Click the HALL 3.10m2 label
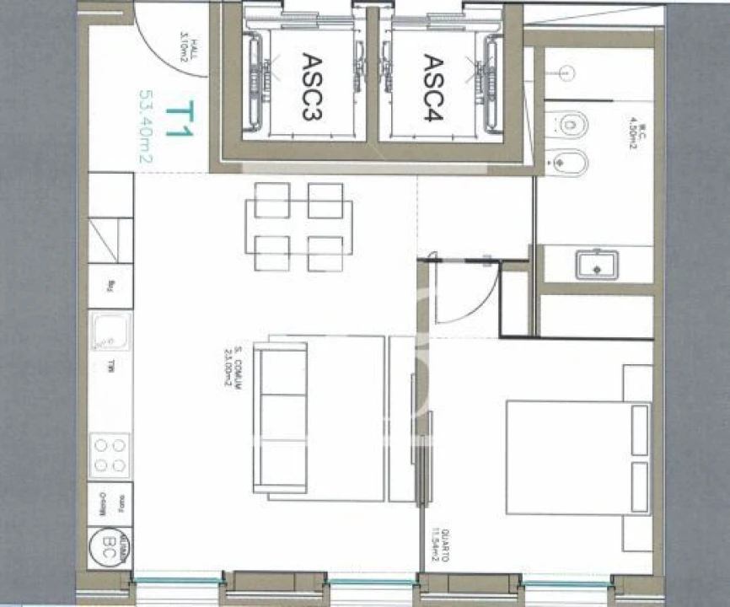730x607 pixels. point(186,52)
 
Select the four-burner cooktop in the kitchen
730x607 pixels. point(110,455)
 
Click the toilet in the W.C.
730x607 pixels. point(571,126)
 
